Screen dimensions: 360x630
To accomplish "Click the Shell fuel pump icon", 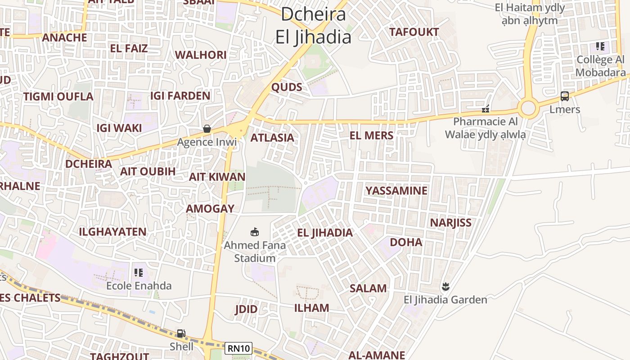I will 181,333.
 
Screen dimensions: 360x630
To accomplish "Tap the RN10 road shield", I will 238,348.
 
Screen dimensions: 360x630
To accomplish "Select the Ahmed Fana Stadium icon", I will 255,232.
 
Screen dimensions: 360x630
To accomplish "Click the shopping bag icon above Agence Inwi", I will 207,129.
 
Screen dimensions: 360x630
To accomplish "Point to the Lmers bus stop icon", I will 565,96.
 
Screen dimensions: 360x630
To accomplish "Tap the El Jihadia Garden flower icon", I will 445,286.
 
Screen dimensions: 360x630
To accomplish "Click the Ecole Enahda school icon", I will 139,273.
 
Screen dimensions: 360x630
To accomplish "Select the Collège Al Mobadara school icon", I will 600,46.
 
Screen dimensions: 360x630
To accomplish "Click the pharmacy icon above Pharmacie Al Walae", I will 486,108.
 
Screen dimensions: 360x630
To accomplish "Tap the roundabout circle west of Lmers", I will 528,108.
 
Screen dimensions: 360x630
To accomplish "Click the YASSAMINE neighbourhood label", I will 396,191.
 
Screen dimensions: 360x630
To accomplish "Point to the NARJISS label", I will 450,223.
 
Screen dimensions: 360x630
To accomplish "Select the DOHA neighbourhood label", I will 406,242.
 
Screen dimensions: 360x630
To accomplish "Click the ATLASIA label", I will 272,138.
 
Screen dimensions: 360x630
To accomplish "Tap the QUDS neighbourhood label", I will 287,87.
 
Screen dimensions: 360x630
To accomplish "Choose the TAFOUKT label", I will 414,32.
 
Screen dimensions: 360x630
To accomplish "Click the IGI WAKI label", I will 119,128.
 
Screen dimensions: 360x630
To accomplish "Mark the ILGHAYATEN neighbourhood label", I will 112,232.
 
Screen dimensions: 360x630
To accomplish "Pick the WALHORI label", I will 201,55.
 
